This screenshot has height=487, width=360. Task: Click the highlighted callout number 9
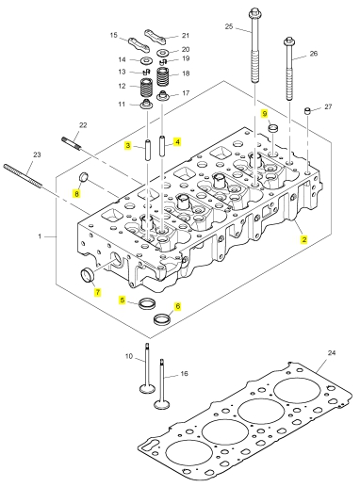click(265, 114)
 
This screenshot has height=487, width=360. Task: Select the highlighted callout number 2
click(303, 239)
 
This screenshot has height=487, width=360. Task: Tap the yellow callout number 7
click(98, 292)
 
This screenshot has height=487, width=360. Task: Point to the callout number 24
click(332, 353)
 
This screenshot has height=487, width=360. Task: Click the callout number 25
click(229, 26)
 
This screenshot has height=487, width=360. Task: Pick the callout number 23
click(37, 154)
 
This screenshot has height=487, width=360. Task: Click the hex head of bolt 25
click(254, 13)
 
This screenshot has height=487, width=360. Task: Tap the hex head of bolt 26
click(289, 41)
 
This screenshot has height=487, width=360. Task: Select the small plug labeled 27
click(307, 111)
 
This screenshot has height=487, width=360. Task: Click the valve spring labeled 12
click(146, 88)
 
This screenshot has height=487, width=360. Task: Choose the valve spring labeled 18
click(163, 76)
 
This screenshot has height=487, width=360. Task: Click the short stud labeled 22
click(72, 142)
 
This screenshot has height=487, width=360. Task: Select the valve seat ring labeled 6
click(162, 319)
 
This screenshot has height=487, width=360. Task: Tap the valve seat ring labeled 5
click(147, 303)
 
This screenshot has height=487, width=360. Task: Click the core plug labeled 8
click(83, 177)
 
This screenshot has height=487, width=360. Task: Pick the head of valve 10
click(147, 389)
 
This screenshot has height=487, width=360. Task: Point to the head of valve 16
click(162, 404)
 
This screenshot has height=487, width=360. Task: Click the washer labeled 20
click(162, 52)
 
